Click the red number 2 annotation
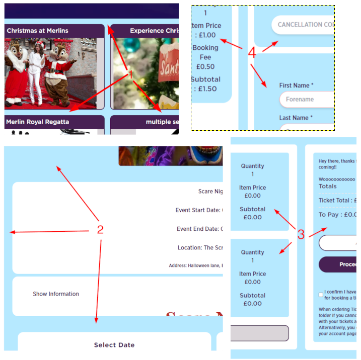(100, 230)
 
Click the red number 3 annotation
(301, 234)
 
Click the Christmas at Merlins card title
(38, 31)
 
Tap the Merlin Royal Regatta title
(38, 122)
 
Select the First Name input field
(307, 100)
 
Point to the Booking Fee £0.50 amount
(205, 66)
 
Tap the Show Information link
(56, 294)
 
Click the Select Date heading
(114, 345)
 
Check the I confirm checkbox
(321, 295)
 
